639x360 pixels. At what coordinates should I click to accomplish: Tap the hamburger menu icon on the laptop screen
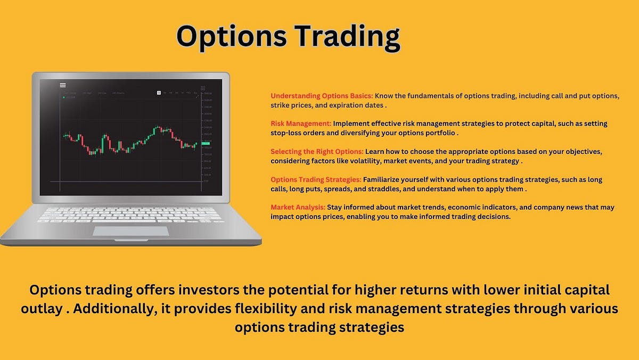tap(63, 85)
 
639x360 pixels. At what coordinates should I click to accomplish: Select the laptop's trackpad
tap(131, 231)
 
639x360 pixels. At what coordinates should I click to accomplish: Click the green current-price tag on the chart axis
tap(206, 144)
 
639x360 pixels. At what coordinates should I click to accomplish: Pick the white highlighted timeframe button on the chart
tap(159, 93)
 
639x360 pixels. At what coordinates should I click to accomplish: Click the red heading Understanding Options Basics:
tap(322, 96)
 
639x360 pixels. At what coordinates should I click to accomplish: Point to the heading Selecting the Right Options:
tap(317, 152)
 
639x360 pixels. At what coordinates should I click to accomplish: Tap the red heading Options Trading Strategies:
tap(316, 179)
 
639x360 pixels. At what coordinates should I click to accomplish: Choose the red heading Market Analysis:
tap(298, 207)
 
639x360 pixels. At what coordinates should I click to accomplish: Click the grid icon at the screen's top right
tap(203, 87)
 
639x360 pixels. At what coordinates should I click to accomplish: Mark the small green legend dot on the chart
tap(64, 97)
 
